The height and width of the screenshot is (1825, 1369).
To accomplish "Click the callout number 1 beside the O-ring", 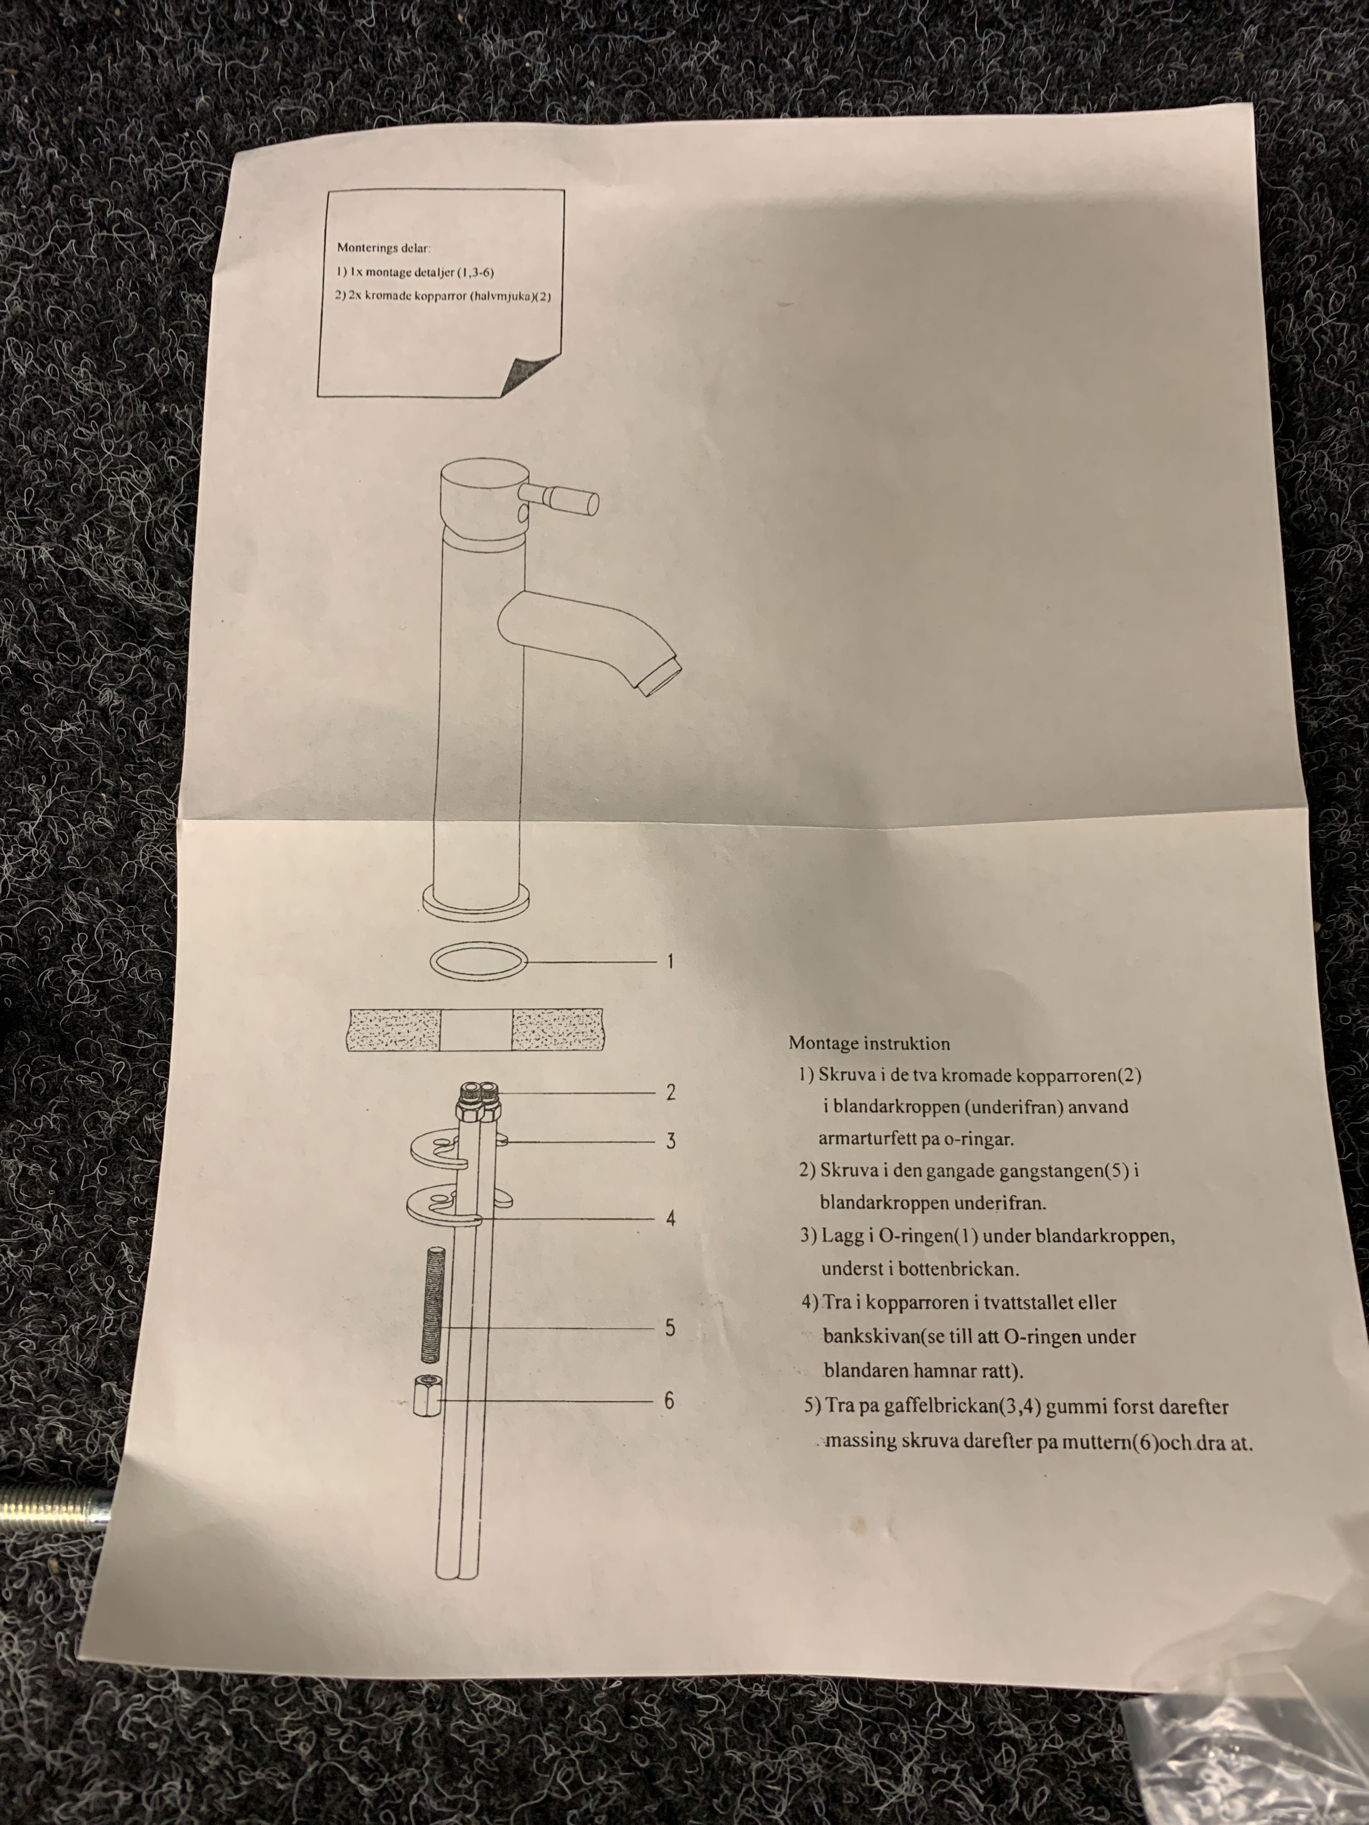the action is coord(670,961).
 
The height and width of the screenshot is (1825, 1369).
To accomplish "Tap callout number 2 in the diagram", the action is coord(671,1092).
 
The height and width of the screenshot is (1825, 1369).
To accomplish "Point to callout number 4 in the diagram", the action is coord(671,1218).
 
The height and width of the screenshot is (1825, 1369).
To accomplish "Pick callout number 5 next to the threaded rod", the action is coord(670,1328).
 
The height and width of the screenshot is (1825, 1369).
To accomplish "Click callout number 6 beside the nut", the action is coord(669,1400).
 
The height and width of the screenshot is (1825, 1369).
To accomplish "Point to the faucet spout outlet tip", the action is coord(660,673).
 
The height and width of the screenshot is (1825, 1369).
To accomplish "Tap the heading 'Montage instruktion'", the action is coord(869,1044).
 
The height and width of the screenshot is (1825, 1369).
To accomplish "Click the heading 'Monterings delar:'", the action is coord(384,248).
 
